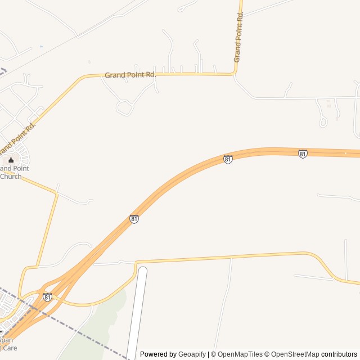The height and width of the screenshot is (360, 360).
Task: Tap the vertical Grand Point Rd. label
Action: (239, 37)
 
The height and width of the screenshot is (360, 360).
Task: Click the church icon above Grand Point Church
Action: (11, 160)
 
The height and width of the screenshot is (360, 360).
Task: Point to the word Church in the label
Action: (11, 176)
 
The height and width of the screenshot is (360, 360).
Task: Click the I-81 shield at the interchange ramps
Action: (47, 296)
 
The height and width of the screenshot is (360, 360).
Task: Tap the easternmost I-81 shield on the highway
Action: (303, 154)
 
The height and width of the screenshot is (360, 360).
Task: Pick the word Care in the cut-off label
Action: (8, 348)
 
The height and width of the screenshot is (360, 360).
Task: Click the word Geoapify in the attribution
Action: (192, 354)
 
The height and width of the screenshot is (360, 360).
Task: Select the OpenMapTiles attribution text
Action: (240, 354)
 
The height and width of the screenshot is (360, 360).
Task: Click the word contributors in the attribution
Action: (339, 354)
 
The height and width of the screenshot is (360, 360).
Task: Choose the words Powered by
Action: (158, 354)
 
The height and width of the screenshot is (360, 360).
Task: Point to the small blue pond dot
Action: (41, 46)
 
